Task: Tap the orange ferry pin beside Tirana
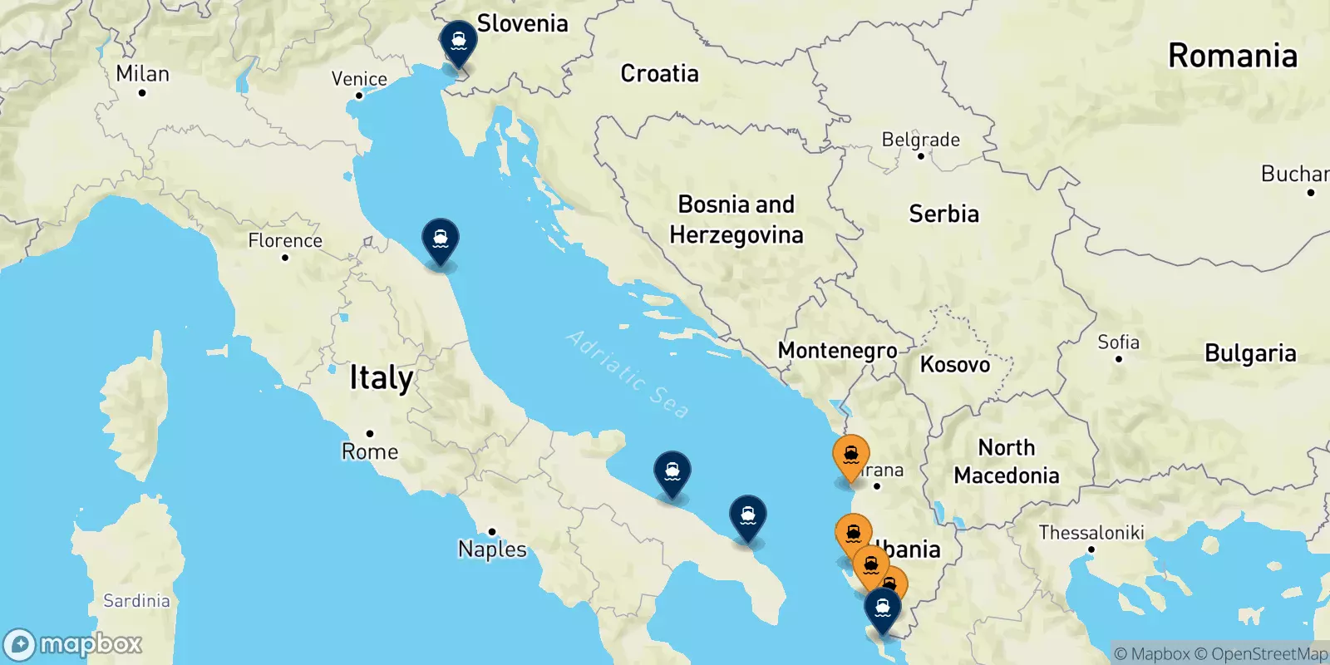click(850, 456)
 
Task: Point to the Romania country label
click(1232, 57)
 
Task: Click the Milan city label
click(142, 74)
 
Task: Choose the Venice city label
click(359, 79)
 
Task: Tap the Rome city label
click(370, 451)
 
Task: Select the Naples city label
click(492, 549)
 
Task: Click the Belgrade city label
click(920, 140)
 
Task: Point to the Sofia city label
click(1118, 342)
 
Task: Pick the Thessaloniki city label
click(1091, 533)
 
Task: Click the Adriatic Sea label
click(628, 374)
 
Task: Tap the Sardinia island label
click(136, 601)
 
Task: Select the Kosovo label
click(955, 364)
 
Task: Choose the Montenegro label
click(837, 351)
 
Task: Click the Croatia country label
click(660, 74)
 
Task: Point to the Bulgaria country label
click(1250, 353)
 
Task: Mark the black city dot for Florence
click(285, 258)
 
